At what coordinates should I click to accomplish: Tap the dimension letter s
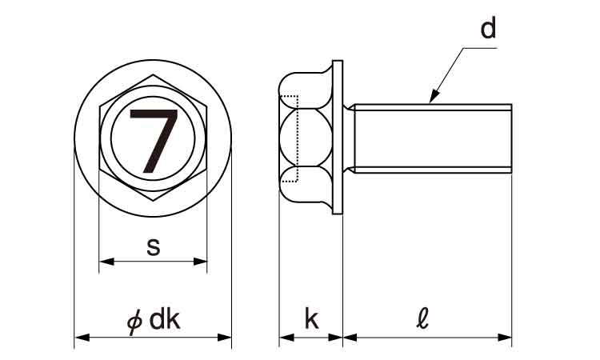click(153, 246)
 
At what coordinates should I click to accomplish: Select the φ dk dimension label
click(153, 320)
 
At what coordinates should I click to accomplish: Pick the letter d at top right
click(488, 27)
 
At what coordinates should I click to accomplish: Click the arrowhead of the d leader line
click(433, 97)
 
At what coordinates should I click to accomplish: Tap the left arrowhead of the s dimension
click(106, 262)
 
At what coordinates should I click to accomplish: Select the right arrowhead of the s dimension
click(200, 262)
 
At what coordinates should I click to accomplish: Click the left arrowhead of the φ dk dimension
click(82, 338)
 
